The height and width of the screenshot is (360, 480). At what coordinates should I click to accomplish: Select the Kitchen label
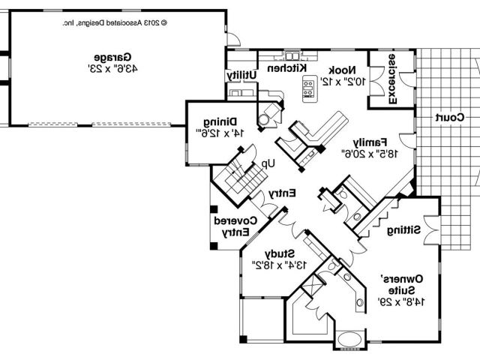pos(275,67)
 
